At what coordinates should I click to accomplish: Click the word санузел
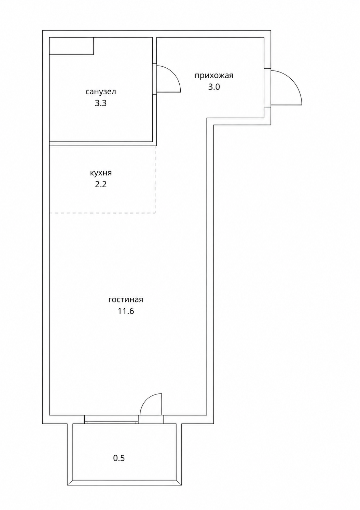pyautogui.click(x=100, y=92)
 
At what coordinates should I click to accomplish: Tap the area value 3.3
pyautogui.click(x=100, y=103)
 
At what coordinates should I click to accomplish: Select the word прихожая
pyautogui.click(x=214, y=76)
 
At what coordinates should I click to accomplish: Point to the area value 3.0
pyautogui.click(x=214, y=87)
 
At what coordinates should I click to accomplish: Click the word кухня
pyautogui.click(x=101, y=173)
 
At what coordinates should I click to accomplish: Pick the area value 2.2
pyautogui.click(x=100, y=184)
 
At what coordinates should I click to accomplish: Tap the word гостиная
pyautogui.click(x=126, y=299)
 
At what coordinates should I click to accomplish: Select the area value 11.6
pyautogui.click(x=126, y=311)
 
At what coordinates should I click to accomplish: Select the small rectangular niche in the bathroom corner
pyautogui.click(x=71, y=46)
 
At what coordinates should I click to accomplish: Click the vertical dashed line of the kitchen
pyautogui.click(x=155, y=179)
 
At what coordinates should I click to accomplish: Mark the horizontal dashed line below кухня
pyautogui.click(x=102, y=213)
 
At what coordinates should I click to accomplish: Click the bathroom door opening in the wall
pyautogui.click(x=154, y=79)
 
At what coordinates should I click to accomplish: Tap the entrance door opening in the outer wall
pyautogui.click(x=267, y=88)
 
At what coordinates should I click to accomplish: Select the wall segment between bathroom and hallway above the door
pyautogui.click(x=154, y=50)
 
